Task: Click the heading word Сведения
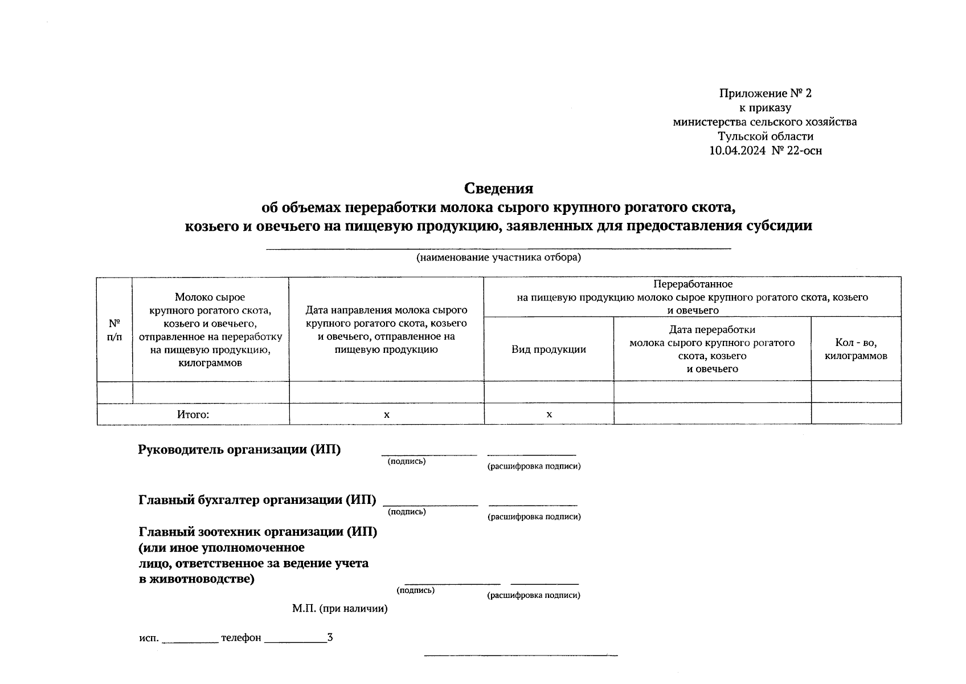(x=498, y=188)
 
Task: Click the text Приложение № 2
(x=765, y=93)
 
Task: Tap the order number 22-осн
(x=804, y=151)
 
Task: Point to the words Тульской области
(x=765, y=136)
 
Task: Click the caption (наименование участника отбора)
(x=498, y=258)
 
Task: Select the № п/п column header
(x=114, y=330)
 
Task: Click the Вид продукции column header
(x=549, y=349)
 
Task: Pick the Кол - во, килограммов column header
(x=856, y=349)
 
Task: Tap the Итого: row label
(x=193, y=414)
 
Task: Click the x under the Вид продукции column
(x=549, y=414)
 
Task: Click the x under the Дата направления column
(x=386, y=414)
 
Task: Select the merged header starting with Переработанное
(x=692, y=297)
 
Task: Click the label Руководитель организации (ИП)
(x=239, y=450)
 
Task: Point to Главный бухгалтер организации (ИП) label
(x=257, y=500)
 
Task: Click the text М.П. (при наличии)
(x=340, y=609)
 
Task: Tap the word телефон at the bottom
(x=241, y=638)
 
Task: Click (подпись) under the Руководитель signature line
(x=407, y=461)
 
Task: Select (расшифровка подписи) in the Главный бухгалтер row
(x=534, y=517)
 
